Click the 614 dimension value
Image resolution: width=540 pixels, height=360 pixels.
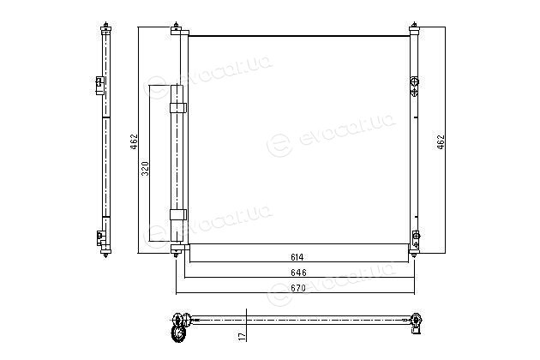297,257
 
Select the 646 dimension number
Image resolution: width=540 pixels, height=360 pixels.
298,273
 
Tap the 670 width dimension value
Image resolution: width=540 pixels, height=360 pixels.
298,288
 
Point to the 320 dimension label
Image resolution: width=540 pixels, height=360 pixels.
146,169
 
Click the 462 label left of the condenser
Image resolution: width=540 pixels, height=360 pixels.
134,141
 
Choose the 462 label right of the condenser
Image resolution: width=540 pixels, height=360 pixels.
441,141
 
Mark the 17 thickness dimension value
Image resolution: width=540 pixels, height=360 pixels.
243,336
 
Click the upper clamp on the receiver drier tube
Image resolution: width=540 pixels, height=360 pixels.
178,108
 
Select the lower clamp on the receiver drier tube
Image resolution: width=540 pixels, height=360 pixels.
178,214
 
